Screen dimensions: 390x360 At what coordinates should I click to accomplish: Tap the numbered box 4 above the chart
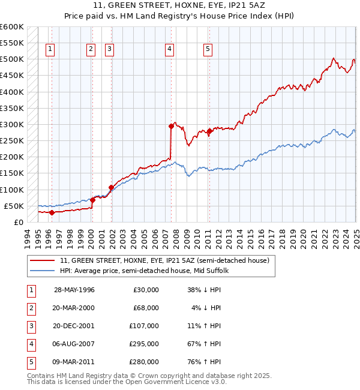[x=170, y=50]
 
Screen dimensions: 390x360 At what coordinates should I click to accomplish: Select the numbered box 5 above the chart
[x=208, y=50]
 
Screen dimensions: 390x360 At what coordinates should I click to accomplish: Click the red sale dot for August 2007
[x=171, y=126]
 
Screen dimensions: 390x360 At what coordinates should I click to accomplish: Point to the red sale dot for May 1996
[x=52, y=212]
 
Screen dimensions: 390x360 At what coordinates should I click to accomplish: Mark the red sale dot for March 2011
[x=209, y=131]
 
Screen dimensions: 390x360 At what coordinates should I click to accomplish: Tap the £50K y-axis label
[x=14, y=206]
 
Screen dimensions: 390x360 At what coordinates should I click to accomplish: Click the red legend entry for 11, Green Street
[x=167, y=260]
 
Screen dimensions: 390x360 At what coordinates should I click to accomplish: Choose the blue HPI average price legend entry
[x=144, y=271]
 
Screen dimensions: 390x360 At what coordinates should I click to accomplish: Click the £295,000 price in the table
[x=146, y=344]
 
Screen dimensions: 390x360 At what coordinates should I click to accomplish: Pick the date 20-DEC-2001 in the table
[x=74, y=326]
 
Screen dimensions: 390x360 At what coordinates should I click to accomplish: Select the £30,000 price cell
[x=146, y=290]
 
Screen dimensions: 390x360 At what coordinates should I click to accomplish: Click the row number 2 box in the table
[x=30, y=308]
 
